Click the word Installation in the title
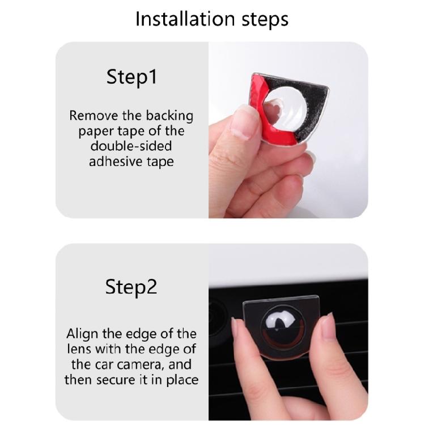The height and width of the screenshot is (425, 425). (185, 19)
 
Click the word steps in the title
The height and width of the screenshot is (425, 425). (265, 20)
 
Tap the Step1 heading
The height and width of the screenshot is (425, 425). (131, 77)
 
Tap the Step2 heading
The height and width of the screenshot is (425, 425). (131, 287)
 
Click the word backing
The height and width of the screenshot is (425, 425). (169, 116)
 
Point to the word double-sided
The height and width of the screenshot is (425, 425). (131, 146)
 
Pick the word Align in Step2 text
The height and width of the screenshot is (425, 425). (82, 334)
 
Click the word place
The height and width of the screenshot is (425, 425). (182, 380)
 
